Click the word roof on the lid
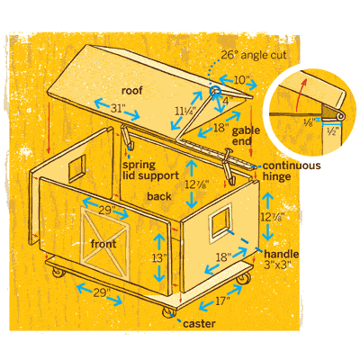pyautogui.click(x=132, y=90)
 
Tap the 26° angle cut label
pyautogui.click(x=254, y=55)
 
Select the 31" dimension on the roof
pyautogui.click(x=117, y=108)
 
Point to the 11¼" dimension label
pyautogui.click(x=185, y=112)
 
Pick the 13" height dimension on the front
pyautogui.click(x=159, y=258)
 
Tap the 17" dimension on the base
pyautogui.click(x=222, y=301)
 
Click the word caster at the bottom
pyautogui.click(x=199, y=324)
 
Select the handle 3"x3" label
pyautogui.click(x=281, y=259)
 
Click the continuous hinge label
pyautogui.click(x=292, y=171)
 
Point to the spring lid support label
pyautogui.click(x=150, y=170)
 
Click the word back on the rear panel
pyautogui.click(x=159, y=196)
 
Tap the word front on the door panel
pyautogui.click(x=103, y=244)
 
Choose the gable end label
pyautogui.click(x=246, y=136)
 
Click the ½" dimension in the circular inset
pyautogui.click(x=333, y=130)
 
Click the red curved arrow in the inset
pyautogui.click(x=301, y=94)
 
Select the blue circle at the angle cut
pyautogui.click(x=215, y=91)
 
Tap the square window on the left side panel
pyautogui.click(x=76, y=169)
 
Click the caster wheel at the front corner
pyautogui.click(x=168, y=311)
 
